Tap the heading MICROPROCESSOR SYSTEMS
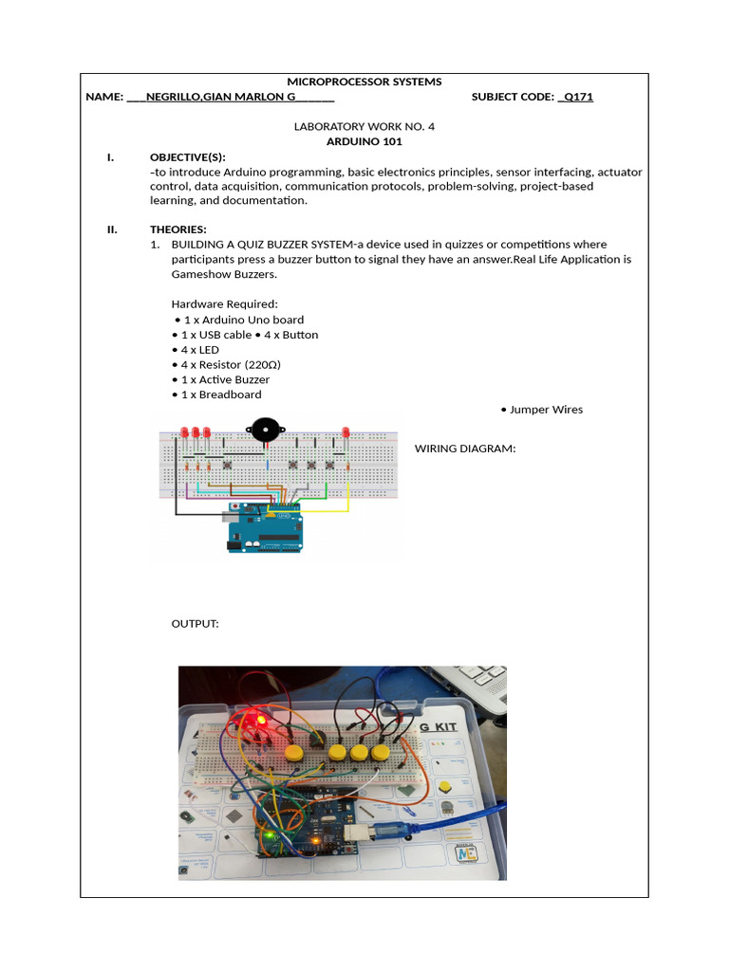point(364,82)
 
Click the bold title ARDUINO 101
point(364,141)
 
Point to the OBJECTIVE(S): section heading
point(188,156)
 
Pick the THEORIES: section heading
point(178,229)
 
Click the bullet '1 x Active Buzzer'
point(225,379)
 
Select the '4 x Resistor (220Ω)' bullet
point(231,364)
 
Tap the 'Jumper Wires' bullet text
point(546,410)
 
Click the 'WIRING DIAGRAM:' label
point(465,449)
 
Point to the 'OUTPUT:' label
point(195,625)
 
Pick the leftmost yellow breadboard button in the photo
point(294,754)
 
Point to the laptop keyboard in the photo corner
point(479,679)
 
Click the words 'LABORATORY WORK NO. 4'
point(364,126)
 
